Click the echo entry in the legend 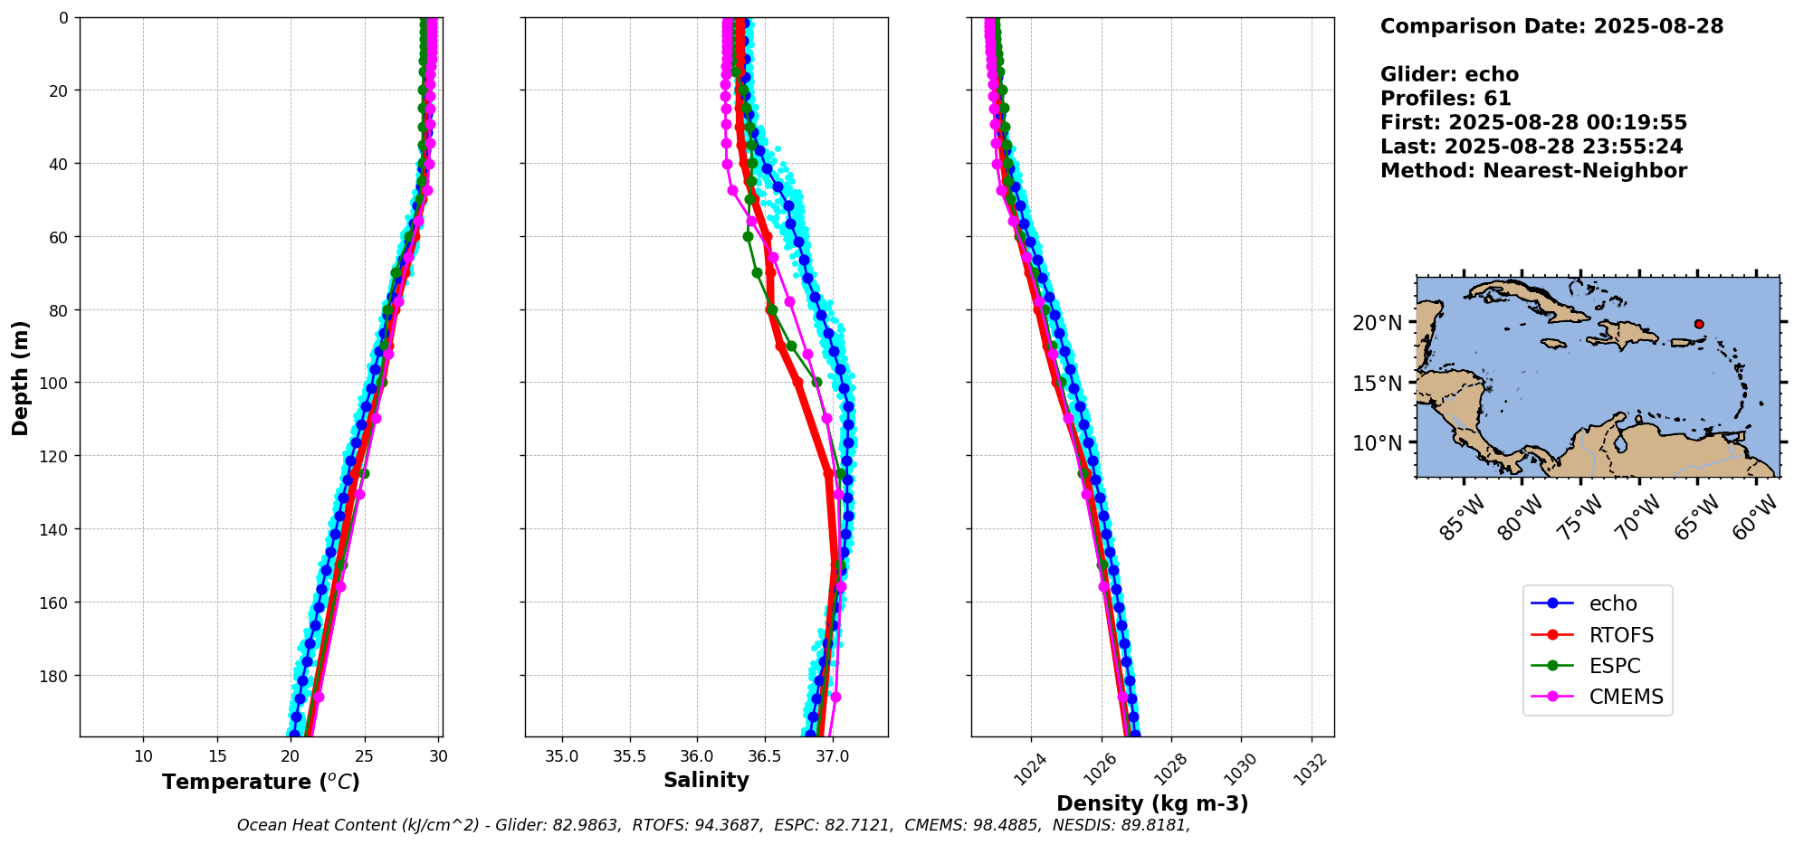click(1612, 603)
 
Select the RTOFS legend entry click(1621, 635)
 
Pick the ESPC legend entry click(1614, 666)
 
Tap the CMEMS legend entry click(1626, 697)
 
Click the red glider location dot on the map click(1699, 324)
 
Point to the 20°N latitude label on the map click(1378, 323)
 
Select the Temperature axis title click(261, 782)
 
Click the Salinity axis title click(706, 780)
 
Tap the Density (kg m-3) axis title click(1152, 803)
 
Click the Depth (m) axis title click(20, 377)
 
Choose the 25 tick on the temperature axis click(365, 756)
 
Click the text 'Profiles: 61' click(1446, 99)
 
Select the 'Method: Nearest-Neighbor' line click(1533, 171)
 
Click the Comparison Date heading click(1551, 26)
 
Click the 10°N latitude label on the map click(1378, 443)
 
